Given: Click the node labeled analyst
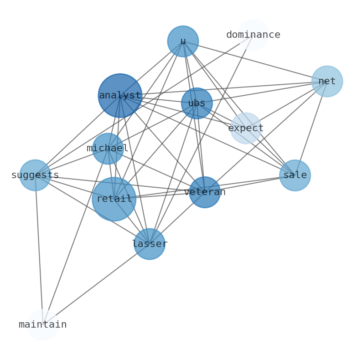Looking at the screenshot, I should click(x=120, y=96).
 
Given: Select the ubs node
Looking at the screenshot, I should click(x=197, y=103).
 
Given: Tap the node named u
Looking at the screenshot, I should click(x=183, y=41).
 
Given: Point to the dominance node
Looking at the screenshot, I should click(x=253, y=35).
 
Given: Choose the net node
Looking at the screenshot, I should click(x=327, y=82).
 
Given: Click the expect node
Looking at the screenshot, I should click(x=246, y=129).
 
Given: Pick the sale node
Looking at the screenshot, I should click(x=295, y=175).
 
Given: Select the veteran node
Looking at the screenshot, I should click(x=205, y=192).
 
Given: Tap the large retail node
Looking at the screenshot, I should click(x=114, y=199).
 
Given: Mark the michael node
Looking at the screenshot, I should click(x=108, y=149).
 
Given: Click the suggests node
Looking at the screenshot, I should click(x=35, y=175).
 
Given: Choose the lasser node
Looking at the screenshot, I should click(x=150, y=244).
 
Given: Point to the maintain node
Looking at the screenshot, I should click(x=43, y=325).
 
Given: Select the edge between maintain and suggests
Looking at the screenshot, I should click(x=39, y=250).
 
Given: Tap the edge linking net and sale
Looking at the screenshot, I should click(x=311, y=129).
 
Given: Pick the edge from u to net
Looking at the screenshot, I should click(x=255, y=62).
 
